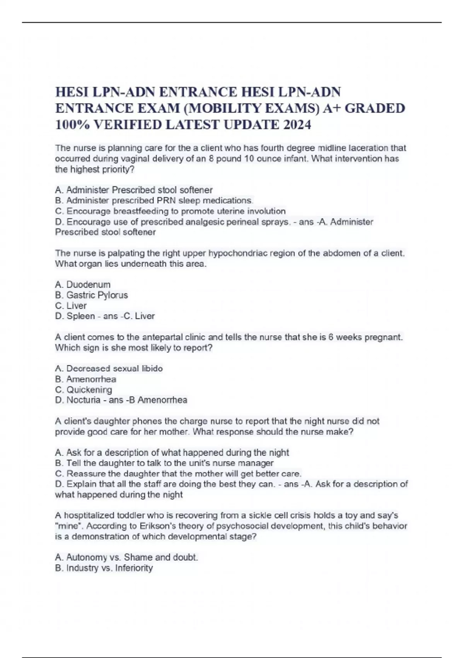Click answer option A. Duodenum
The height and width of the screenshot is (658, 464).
(x=83, y=284)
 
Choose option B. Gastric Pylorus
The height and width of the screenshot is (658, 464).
(x=92, y=295)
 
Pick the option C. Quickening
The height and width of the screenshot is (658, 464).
(x=84, y=389)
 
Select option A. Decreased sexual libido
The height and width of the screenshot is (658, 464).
(x=109, y=368)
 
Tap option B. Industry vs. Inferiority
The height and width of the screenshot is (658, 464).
(x=104, y=568)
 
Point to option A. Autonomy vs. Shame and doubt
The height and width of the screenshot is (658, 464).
(x=126, y=557)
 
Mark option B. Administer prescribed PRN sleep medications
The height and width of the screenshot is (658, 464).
(x=154, y=200)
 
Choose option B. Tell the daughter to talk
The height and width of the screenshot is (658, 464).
(x=164, y=463)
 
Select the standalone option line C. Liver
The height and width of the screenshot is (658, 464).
(x=71, y=305)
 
